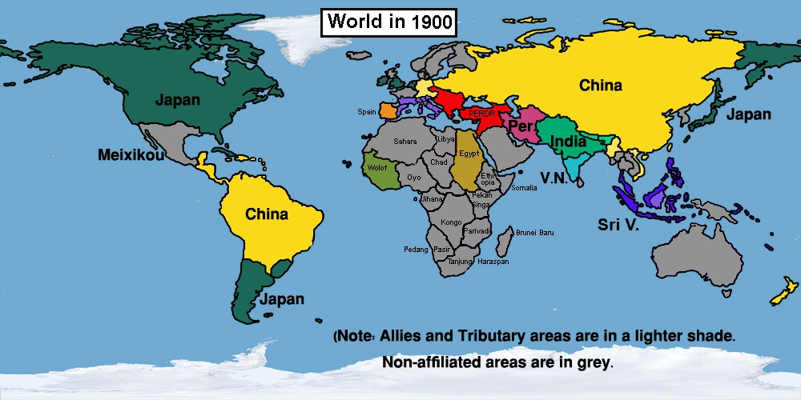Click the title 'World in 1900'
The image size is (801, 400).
point(388,22)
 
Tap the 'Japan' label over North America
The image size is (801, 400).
point(178,101)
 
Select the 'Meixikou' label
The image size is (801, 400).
point(131,154)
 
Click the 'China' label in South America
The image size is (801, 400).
point(267,214)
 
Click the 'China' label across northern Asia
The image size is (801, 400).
point(601,85)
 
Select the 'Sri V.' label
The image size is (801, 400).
point(618,225)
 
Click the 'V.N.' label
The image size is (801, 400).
point(554,178)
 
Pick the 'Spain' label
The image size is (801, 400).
point(367,112)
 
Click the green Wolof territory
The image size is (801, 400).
point(376,170)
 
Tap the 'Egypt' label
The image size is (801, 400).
point(469,152)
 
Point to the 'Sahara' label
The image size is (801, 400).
point(405,142)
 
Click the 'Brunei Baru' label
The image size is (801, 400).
point(534,232)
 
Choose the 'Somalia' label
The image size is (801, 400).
point(524,187)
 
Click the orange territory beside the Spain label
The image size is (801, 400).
point(387,110)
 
